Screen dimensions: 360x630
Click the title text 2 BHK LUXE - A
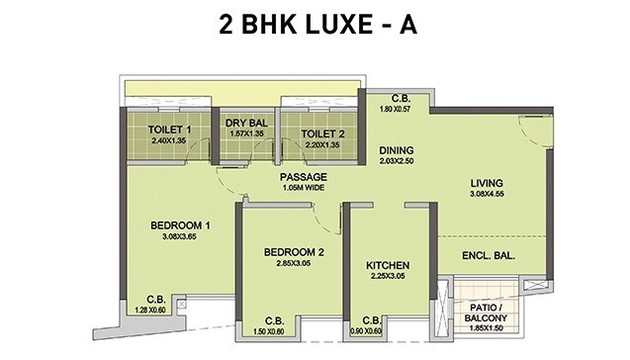coord(315,25)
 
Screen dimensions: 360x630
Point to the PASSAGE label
coord(303,177)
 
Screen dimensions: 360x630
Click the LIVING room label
coord(487,183)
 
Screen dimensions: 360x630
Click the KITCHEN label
coord(388,266)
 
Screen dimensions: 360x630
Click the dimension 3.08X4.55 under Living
coord(487,195)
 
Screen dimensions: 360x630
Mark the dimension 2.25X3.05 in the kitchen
coord(388,278)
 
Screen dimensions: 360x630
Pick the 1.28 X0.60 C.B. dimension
coord(155,309)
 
